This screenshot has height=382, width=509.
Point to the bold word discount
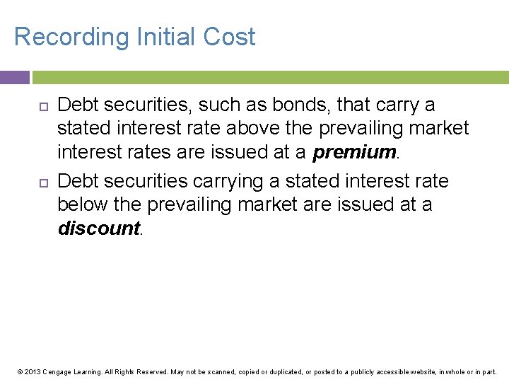[99, 228]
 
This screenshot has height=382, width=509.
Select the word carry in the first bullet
[394, 105]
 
